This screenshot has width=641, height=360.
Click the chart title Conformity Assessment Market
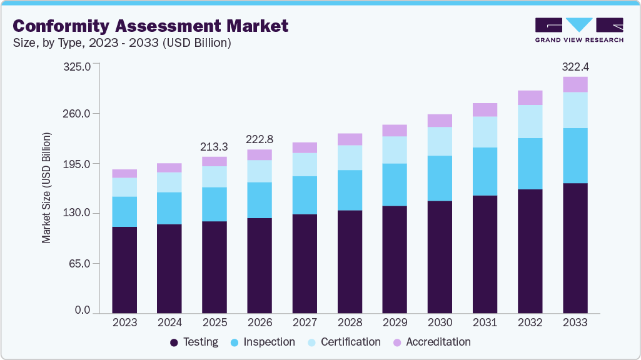[x=151, y=26]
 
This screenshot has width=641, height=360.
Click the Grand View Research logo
[x=578, y=29]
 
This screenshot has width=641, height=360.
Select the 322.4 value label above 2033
[x=575, y=66]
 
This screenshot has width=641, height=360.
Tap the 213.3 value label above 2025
[x=215, y=147]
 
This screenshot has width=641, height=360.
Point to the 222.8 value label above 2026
[x=260, y=139]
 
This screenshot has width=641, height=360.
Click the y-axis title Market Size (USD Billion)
[x=46, y=187]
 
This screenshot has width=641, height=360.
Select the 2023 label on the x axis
[x=124, y=322]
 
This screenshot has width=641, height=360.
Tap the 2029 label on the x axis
[x=395, y=322]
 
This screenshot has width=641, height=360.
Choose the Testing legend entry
[x=194, y=342]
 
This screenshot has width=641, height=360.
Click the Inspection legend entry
[x=263, y=342]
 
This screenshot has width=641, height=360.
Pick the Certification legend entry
[x=344, y=342]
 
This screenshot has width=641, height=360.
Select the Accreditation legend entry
[x=432, y=342]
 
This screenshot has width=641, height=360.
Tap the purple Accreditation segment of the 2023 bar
[x=124, y=174]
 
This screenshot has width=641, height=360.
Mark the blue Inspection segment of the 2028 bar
[x=350, y=190]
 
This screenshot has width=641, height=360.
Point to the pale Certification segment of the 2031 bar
[x=485, y=132]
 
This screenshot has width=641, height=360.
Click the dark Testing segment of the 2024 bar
[x=169, y=268]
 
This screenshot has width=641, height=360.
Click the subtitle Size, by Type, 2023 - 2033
[x=123, y=43]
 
